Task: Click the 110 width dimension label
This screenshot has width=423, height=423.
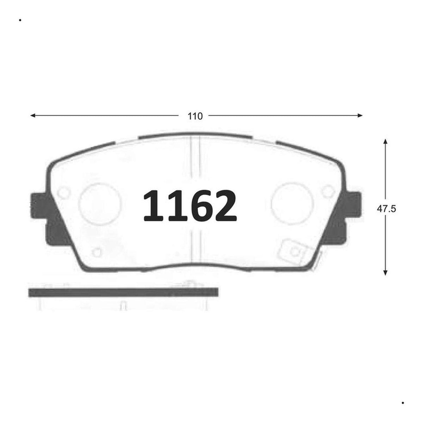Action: coord(195,116)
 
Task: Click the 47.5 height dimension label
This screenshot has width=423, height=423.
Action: coord(386,209)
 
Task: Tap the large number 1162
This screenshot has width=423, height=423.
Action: coord(190,206)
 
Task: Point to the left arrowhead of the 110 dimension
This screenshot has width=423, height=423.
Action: coord(33,116)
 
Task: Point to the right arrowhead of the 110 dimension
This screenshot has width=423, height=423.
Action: coord(360,116)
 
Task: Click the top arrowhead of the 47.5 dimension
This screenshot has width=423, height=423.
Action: coord(385,141)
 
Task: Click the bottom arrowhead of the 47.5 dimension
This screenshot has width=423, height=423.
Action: coord(385,272)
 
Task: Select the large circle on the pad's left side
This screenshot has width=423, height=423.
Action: coord(99,204)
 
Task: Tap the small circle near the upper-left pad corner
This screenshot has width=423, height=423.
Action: coord(64,193)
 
